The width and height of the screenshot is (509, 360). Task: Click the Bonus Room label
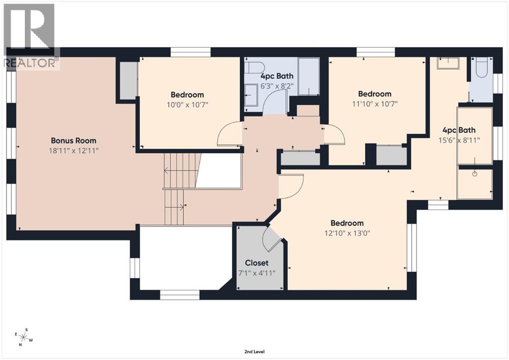(74, 141)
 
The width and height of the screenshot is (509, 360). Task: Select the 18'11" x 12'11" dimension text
(74, 150)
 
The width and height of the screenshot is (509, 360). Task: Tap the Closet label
(256, 263)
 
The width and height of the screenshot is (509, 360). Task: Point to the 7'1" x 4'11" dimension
(256, 272)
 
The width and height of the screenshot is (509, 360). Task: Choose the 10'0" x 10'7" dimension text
(187, 104)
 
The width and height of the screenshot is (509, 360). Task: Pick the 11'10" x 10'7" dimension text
(375, 103)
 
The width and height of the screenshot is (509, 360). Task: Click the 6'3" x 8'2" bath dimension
(277, 86)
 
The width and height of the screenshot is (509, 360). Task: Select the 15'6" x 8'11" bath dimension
(459, 140)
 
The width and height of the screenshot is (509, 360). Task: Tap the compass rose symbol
(23, 337)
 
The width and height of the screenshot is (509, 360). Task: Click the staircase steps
(175, 189)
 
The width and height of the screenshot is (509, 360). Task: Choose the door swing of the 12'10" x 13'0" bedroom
(292, 187)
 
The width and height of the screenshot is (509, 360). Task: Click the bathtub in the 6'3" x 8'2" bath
(309, 77)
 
